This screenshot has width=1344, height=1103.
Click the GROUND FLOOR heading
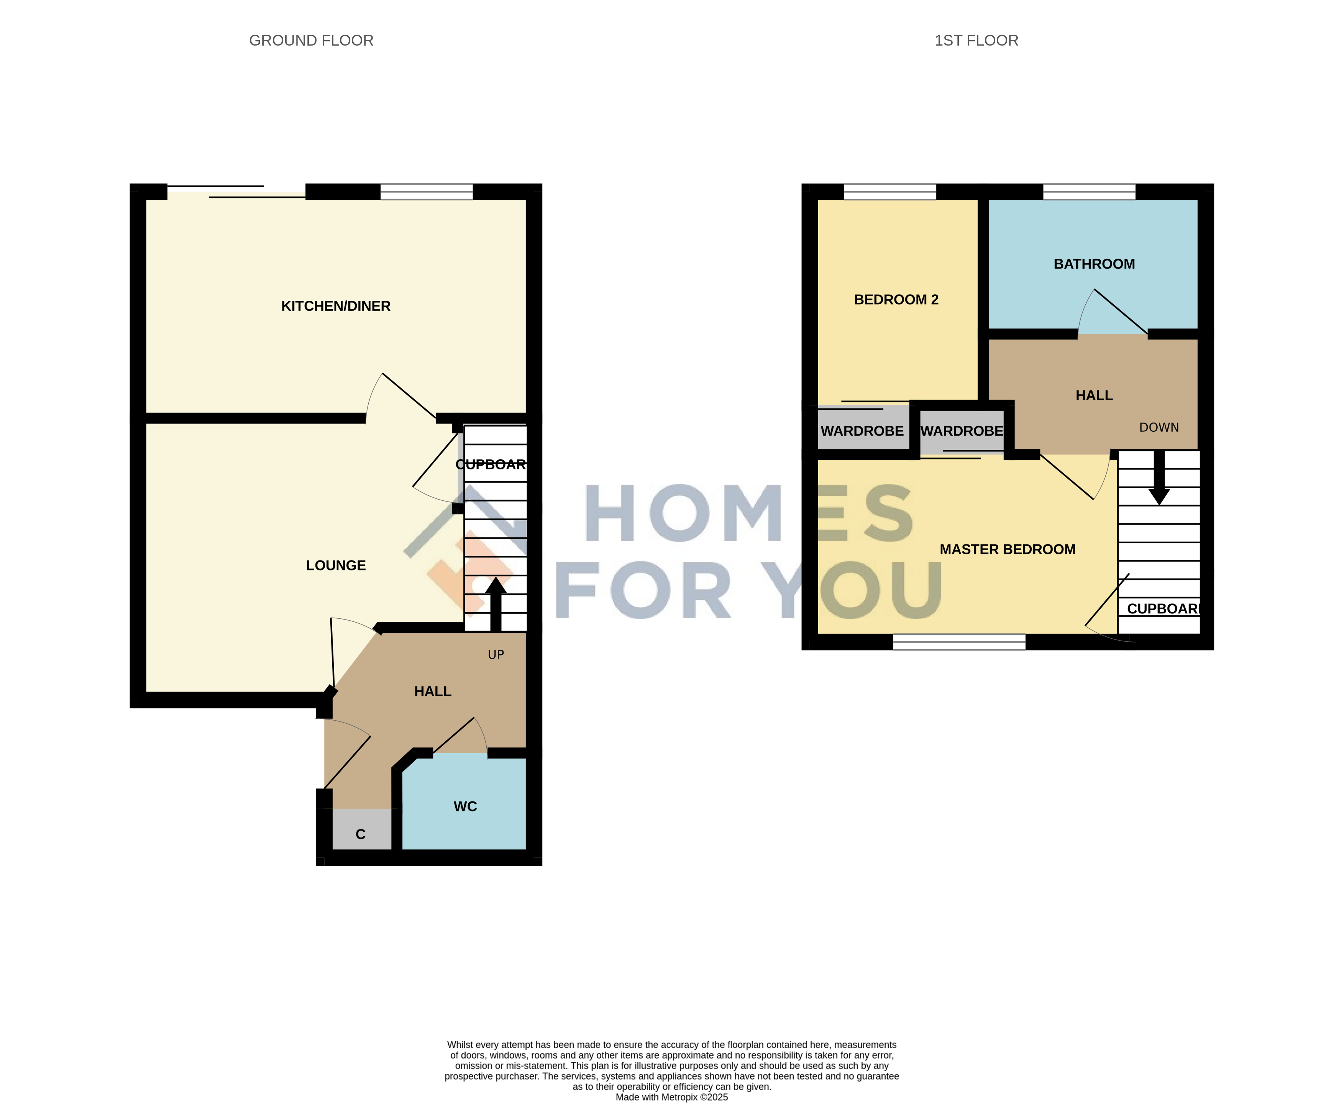point(311,41)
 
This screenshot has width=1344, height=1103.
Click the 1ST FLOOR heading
point(976,41)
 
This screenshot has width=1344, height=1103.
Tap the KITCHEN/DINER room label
point(336,306)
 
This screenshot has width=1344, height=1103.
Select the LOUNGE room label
point(336,565)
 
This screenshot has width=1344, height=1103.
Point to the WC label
point(465,806)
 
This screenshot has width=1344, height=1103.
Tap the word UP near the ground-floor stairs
point(496,654)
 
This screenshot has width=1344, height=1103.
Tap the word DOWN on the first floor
point(1159,428)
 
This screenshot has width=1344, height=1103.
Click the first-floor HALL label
point(1094,396)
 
